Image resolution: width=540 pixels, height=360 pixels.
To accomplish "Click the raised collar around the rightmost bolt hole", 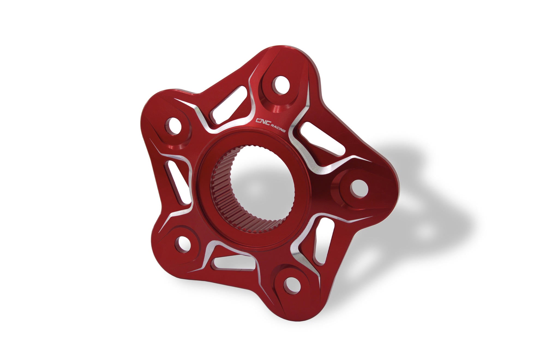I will point(341,191).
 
